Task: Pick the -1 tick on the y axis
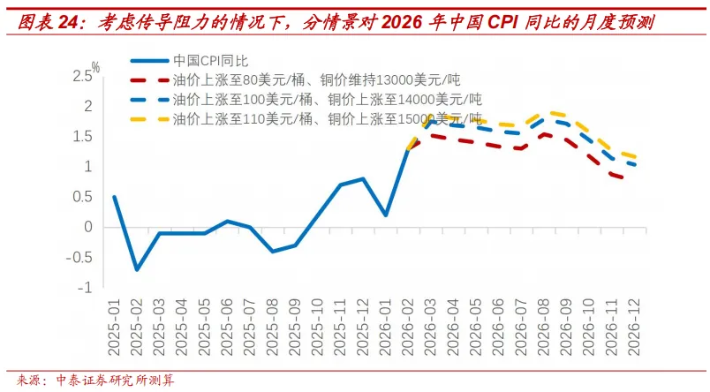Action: point(86,288)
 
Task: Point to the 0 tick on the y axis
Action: point(88,227)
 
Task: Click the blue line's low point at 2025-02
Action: point(137,269)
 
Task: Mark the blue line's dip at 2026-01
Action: point(386,215)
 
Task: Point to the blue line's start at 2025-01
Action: point(114,197)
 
